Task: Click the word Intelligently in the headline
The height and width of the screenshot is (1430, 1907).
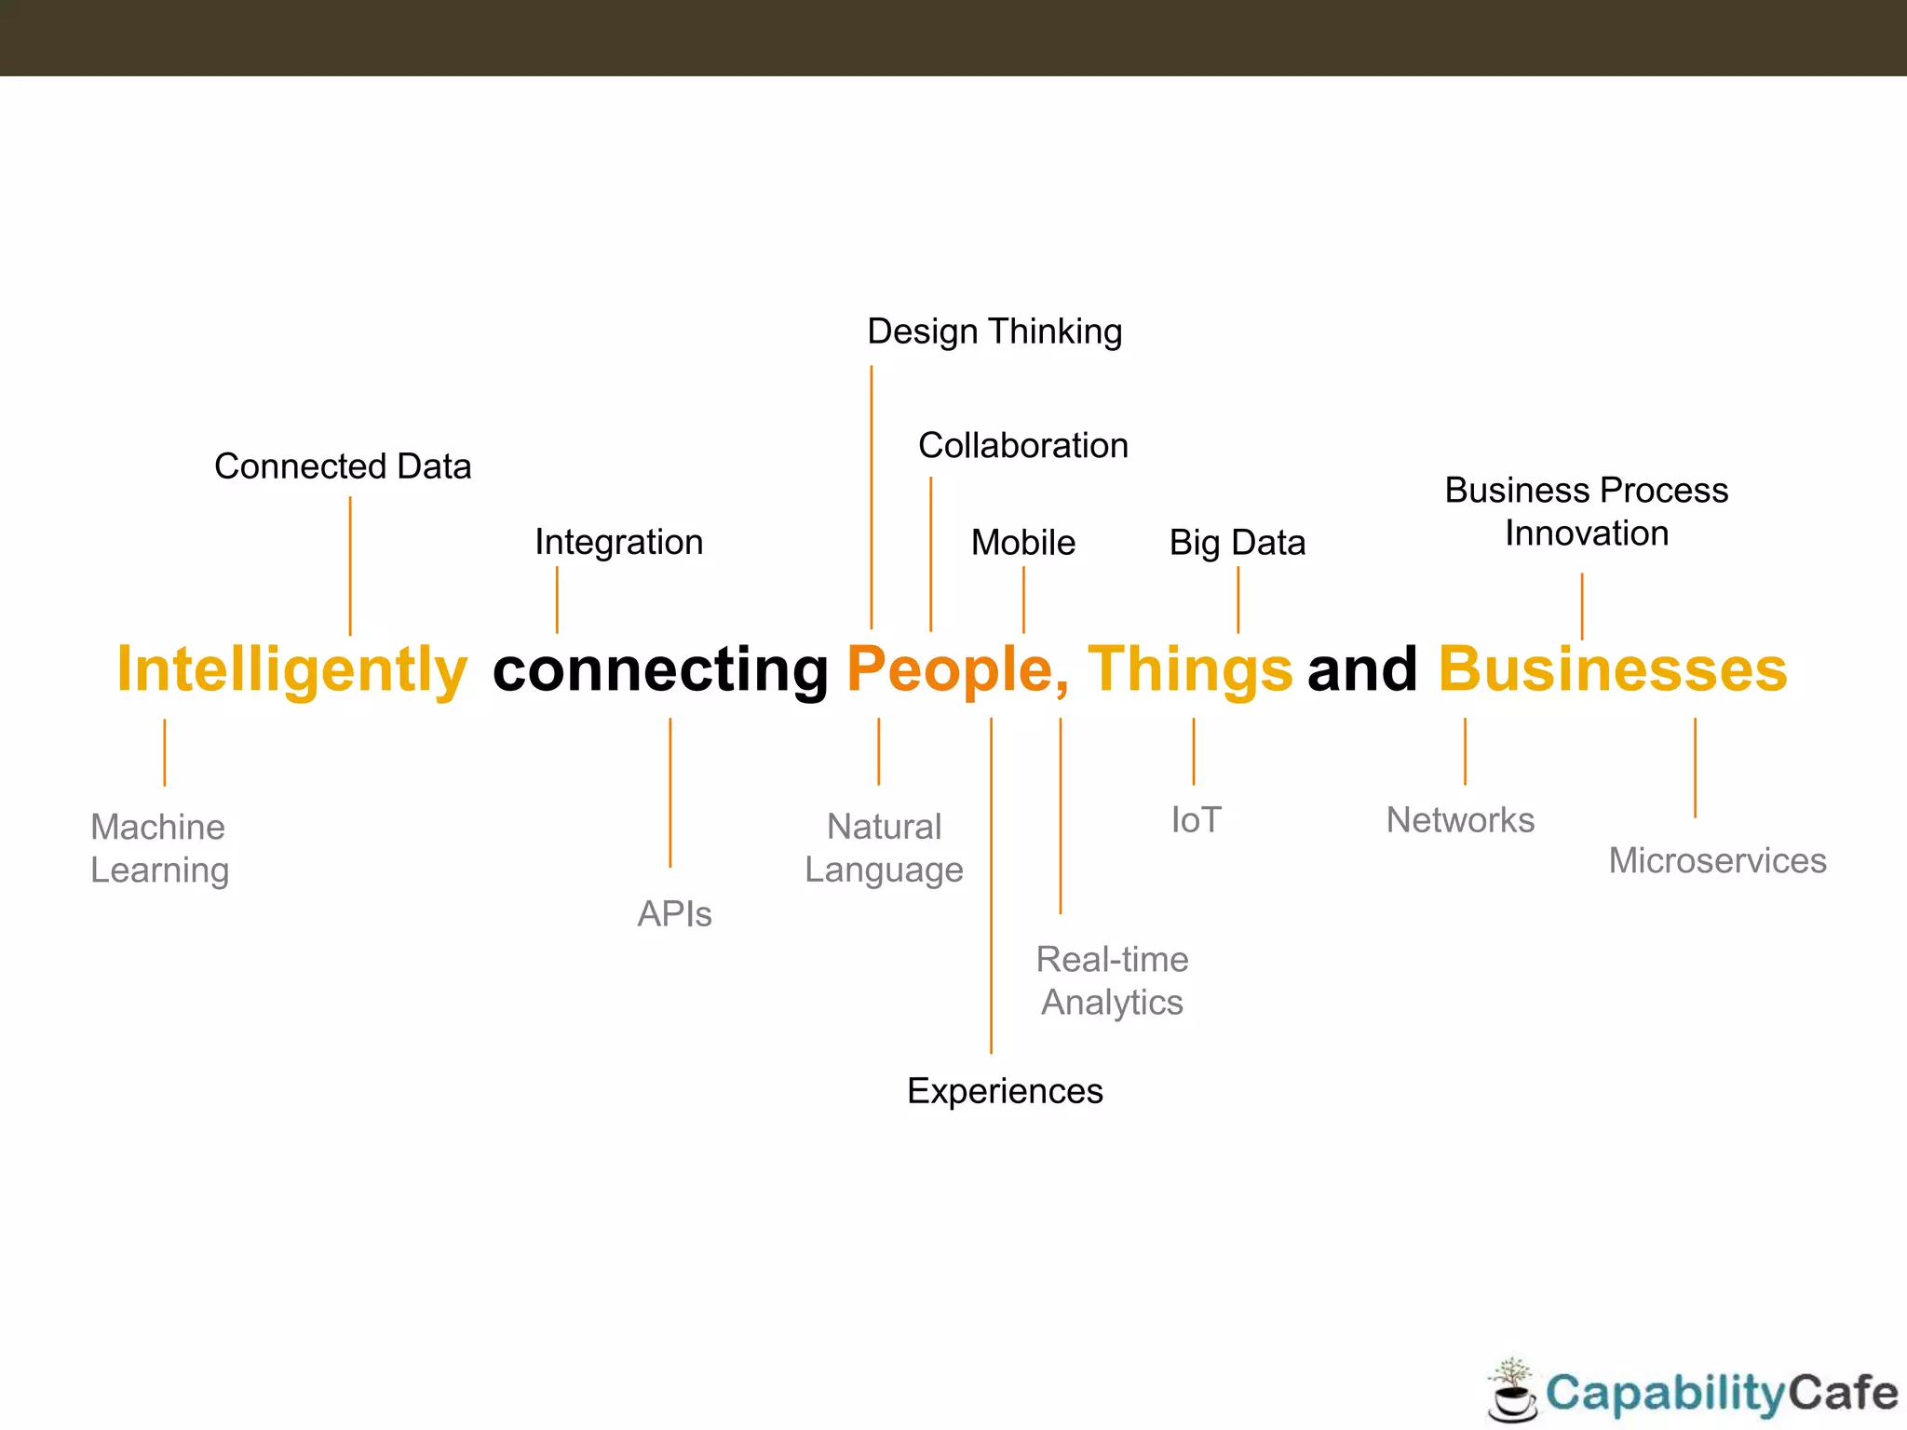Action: tap(291, 670)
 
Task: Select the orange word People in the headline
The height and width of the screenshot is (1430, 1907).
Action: tap(951, 670)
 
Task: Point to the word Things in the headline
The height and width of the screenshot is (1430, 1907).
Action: tap(1189, 670)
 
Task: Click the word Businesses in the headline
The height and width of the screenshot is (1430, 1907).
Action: tap(1613, 670)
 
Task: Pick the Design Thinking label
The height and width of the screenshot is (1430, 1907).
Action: tap(994, 331)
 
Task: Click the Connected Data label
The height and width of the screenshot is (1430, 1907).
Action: tap(343, 466)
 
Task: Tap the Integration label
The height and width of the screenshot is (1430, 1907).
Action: tap(618, 543)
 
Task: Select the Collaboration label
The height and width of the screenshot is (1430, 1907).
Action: tap(1022, 446)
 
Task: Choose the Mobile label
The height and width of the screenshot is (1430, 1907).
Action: tap(1022, 543)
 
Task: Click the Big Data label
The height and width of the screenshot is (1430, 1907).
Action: tap(1237, 543)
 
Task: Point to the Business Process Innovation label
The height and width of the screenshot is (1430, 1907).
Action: tap(1586, 512)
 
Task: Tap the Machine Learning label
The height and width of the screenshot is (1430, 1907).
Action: tap(159, 848)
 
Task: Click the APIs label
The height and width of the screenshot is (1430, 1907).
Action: tap(674, 914)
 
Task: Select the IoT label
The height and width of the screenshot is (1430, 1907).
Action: tap(1196, 820)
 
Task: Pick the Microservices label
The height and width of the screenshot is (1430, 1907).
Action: tap(1717, 861)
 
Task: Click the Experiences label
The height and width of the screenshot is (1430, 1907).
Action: tap(1005, 1091)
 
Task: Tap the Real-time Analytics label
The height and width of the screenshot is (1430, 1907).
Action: tap(1112, 981)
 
